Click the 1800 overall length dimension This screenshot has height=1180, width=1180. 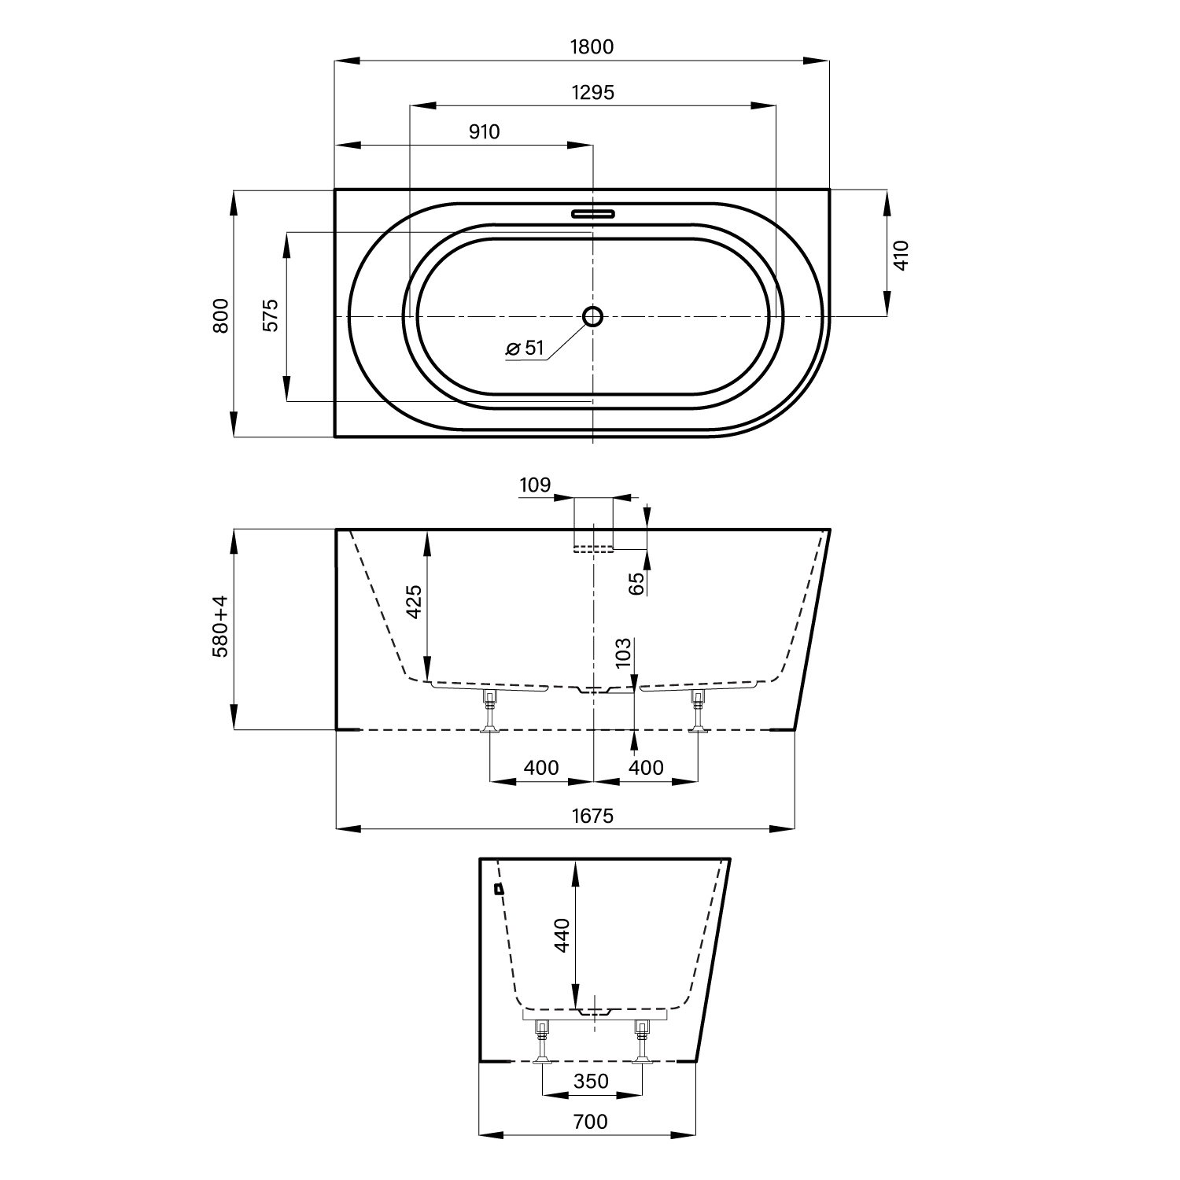tap(592, 46)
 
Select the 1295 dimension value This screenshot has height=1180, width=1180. tap(592, 92)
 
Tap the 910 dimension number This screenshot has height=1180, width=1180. tap(485, 131)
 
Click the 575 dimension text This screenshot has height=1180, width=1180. tap(271, 315)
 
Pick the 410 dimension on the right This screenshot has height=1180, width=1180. tap(902, 256)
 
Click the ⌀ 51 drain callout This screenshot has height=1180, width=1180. tap(525, 348)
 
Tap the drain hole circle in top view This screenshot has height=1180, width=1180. tap(592, 316)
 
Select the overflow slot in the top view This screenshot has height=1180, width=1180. tap(592, 212)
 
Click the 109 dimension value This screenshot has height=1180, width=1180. tap(535, 485)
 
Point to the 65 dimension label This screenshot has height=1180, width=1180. tap(637, 583)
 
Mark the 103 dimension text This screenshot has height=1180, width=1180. tap(623, 653)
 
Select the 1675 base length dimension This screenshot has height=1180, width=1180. tap(592, 816)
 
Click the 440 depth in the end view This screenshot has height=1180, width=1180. tap(562, 935)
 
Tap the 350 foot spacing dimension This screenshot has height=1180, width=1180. tap(591, 1082)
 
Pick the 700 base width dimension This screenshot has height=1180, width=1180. tap(591, 1121)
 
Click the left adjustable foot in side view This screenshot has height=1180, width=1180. tap(490, 712)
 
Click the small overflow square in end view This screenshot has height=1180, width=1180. tap(498, 889)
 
